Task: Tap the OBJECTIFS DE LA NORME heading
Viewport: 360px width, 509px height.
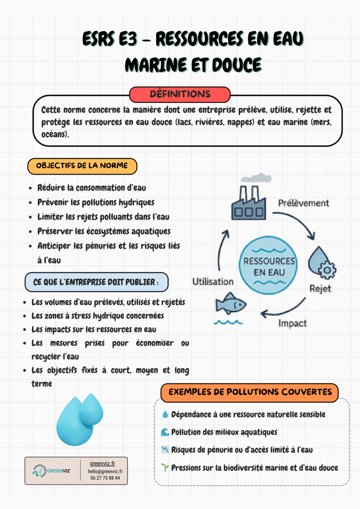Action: tap(82, 166)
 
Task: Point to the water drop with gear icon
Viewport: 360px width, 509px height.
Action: tap(321, 264)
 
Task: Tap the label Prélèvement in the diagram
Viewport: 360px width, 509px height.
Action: tap(303, 203)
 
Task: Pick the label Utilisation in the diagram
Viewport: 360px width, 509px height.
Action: tap(213, 281)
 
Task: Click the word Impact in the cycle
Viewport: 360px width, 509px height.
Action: tap(292, 324)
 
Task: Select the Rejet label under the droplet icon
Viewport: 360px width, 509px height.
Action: tap(320, 288)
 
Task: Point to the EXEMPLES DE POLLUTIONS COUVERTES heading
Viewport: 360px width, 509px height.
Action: tap(250, 392)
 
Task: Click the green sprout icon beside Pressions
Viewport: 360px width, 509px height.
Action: tap(165, 468)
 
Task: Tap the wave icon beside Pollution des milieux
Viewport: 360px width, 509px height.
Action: tap(165, 432)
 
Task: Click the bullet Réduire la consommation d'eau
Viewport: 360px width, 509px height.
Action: tap(91, 188)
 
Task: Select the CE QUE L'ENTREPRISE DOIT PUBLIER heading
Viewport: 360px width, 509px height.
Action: tap(96, 282)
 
